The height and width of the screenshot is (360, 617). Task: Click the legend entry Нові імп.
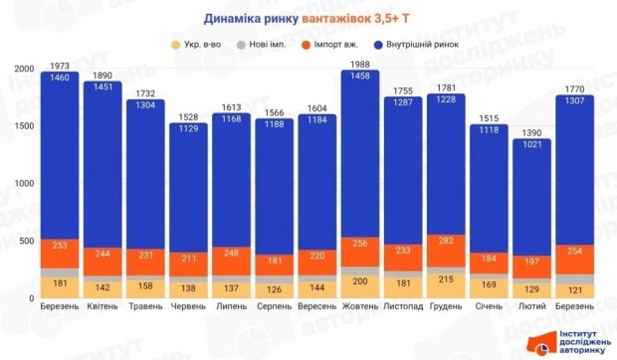(268, 43)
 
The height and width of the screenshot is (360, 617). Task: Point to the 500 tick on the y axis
(28, 242)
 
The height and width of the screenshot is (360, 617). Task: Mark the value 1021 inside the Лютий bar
(531, 145)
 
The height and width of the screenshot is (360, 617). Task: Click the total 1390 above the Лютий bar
(531, 132)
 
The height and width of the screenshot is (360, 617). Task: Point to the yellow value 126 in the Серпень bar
(275, 290)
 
